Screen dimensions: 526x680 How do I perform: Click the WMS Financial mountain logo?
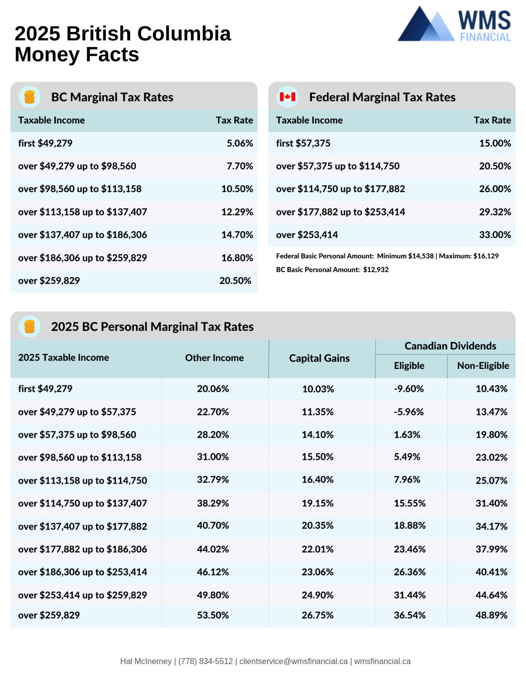426,24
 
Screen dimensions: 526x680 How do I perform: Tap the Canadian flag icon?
287,97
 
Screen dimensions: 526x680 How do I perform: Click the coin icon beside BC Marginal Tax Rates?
29,97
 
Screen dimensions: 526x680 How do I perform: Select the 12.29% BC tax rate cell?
237,212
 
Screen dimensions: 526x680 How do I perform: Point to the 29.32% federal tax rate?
495,212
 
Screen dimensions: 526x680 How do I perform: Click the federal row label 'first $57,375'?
303,143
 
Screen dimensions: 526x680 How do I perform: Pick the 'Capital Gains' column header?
319,358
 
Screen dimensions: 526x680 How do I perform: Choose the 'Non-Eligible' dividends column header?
483,365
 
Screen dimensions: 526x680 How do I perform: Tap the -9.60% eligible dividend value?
409,389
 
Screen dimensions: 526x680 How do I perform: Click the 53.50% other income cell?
213,615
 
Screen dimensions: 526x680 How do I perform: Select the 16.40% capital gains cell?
318,480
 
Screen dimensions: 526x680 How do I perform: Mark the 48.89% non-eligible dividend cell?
492,615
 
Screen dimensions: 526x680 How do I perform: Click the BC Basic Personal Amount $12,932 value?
376,270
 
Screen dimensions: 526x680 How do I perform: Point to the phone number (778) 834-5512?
206,661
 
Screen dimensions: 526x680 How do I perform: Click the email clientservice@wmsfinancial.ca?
293,661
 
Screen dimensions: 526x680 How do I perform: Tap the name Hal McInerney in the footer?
146,661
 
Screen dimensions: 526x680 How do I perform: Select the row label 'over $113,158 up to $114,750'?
82,481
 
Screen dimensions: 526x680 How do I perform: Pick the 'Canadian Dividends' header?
451,346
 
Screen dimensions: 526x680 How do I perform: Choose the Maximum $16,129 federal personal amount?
469,256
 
